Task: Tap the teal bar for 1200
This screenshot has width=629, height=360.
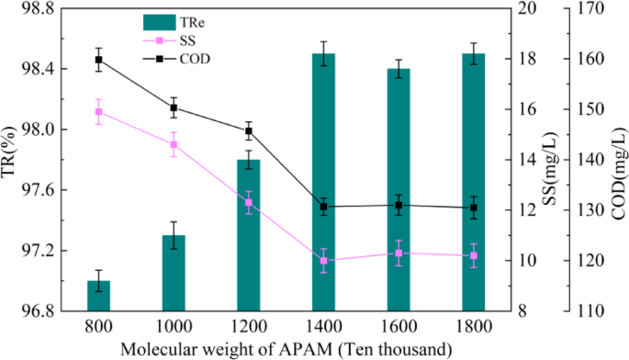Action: click(249, 235)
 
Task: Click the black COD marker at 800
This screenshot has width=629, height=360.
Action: click(98, 60)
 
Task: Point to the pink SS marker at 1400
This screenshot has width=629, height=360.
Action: click(323, 261)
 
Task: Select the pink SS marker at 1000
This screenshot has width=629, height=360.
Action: click(174, 144)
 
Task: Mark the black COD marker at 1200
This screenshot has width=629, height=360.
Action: click(249, 130)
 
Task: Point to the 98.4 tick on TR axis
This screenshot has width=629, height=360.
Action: click(33, 69)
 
